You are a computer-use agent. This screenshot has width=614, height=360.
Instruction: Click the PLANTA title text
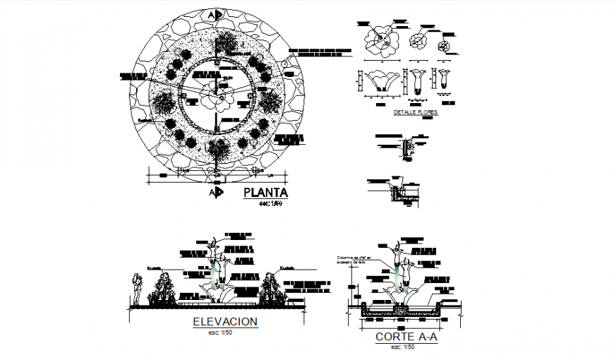pos(265,193)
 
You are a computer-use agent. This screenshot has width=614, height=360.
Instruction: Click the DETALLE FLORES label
pos(415,112)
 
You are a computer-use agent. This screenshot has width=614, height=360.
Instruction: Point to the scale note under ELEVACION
pos(225,332)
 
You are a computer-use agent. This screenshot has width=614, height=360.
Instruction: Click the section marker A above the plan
pos(219,14)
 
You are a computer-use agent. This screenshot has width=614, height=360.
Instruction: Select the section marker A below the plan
pos(216,191)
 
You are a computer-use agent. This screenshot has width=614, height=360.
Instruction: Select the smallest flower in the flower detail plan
pos(444,47)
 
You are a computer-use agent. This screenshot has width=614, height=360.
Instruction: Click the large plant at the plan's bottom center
pos(218,150)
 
